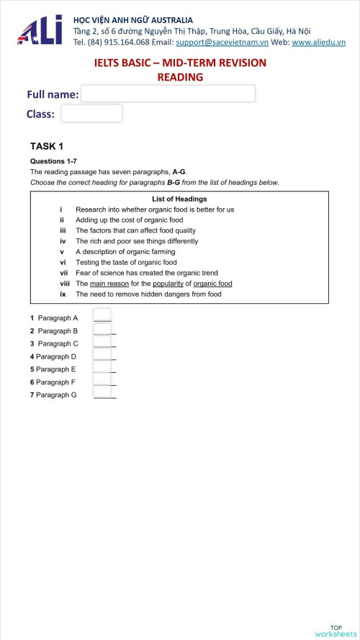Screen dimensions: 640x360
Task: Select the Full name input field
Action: [168, 94]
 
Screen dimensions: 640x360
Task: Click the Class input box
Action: [91, 113]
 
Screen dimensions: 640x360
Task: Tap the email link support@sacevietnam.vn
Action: [222, 42]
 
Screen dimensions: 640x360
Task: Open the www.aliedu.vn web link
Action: [318, 42]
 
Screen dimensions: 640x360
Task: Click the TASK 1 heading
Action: [47, 146]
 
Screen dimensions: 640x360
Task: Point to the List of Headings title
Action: [179, 199]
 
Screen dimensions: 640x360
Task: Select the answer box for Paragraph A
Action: [102, 315]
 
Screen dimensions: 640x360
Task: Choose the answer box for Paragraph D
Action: [102, 354]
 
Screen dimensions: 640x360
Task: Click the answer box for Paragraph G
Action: [102, 392]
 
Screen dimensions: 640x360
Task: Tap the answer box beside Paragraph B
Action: [102, 329]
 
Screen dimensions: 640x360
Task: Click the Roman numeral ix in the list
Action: [63, 294]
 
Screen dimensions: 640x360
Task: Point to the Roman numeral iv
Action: [63, 241]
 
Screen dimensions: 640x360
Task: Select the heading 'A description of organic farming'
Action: [125, 252]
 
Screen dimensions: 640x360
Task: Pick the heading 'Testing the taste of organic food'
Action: [126, 263]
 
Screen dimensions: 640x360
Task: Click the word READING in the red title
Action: [180, 77]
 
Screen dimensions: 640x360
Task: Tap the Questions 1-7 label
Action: [53, 161]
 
